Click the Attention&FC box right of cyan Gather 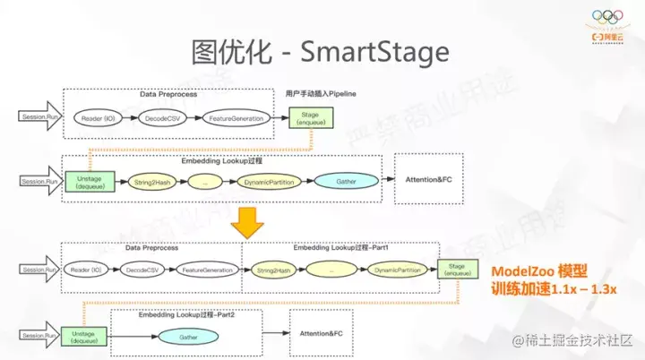(x=429, y=178)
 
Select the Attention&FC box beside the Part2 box (x=321, y=333)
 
